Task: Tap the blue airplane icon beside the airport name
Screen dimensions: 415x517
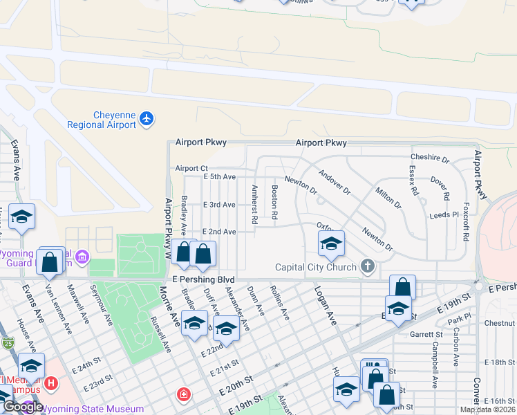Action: click(146, 119)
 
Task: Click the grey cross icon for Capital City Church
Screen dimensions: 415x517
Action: click(367, 266)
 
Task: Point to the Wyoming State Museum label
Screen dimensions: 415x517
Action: click(93, 409)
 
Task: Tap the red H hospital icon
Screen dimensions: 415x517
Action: click(50, 382)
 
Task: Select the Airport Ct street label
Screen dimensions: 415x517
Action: click(191, 168)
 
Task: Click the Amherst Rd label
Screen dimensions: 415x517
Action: click(254, 204)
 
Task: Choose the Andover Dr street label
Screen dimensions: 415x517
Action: click(335, 182)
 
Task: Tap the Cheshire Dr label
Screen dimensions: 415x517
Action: click(430, 158)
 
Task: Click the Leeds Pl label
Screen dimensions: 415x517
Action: click(444, 215)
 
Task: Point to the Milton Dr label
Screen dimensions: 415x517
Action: click(388, 197)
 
